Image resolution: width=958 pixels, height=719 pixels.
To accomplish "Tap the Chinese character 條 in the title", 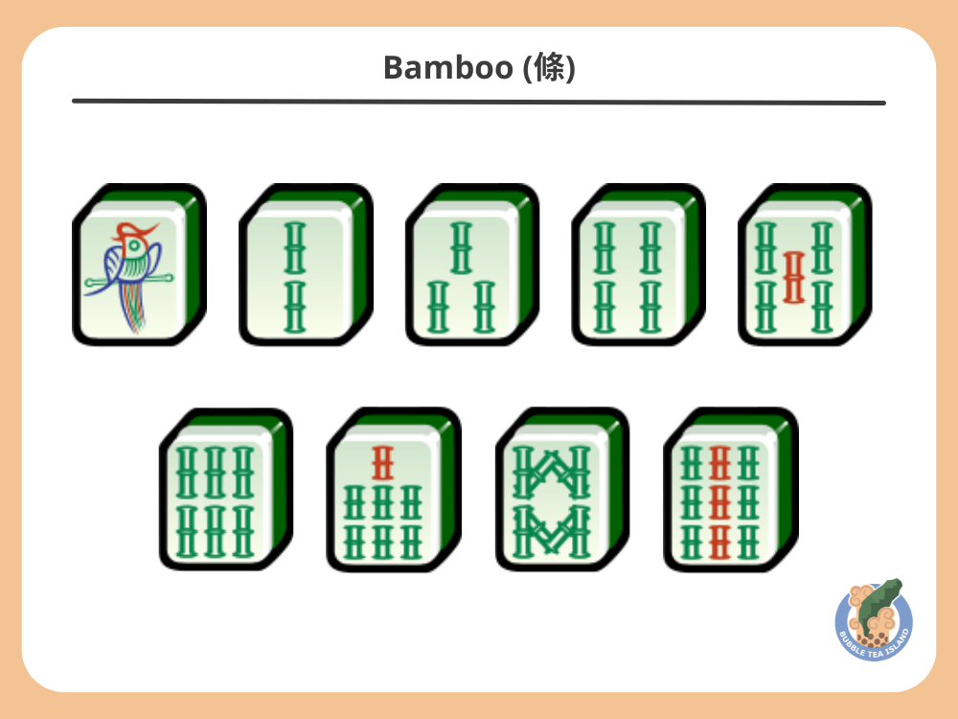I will click(549, 68).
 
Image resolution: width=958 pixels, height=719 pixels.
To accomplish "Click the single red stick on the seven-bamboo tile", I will click(382, 464).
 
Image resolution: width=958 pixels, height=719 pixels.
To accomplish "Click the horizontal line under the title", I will click(479, 102).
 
